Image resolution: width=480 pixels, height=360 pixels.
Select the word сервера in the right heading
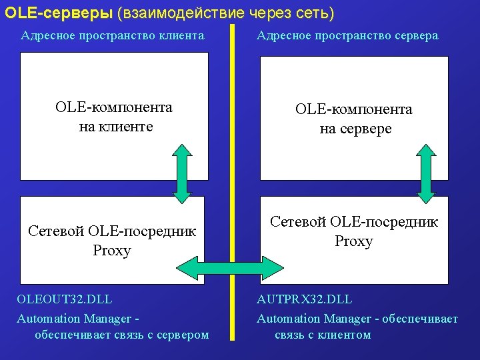(414, 35)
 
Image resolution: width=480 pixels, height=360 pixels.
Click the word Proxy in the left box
(112, 251)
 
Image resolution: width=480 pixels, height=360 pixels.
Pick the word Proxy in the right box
(353, 241)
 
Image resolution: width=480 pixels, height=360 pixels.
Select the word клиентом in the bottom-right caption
(342, 335)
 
